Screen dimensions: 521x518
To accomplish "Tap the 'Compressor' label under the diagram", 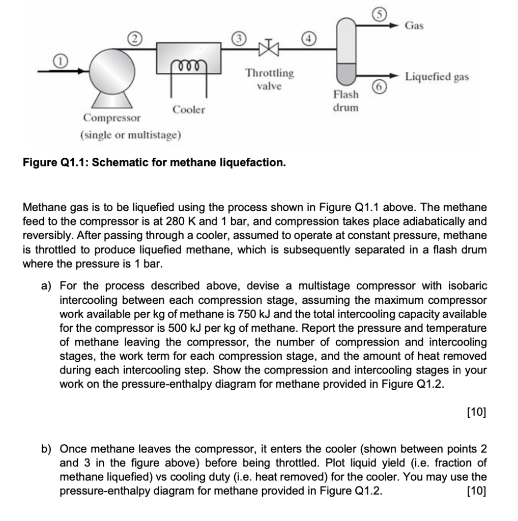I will (112, 119).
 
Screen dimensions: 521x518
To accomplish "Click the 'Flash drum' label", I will (346, 101).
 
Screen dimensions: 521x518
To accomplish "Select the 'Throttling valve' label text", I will (269, 79).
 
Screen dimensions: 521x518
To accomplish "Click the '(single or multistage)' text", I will (130, 136).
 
